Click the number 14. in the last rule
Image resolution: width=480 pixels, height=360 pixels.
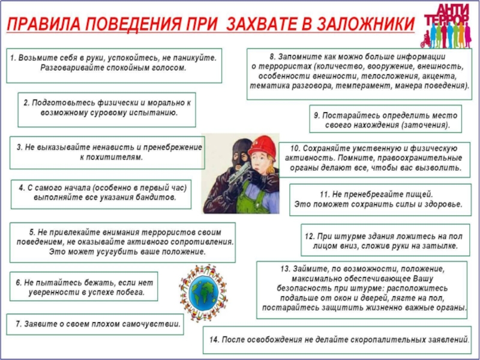pos(214,340)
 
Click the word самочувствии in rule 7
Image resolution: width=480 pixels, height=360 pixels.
pos(151,324)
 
